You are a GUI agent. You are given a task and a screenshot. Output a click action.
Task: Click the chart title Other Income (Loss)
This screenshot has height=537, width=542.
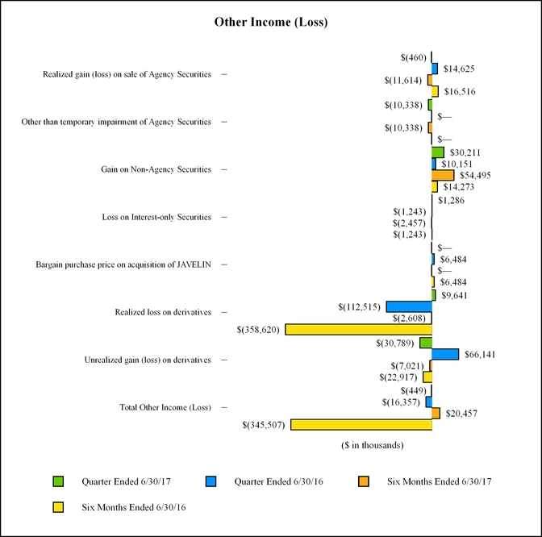(270, 22)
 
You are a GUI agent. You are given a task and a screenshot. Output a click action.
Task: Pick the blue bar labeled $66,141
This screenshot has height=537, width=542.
(445, 354)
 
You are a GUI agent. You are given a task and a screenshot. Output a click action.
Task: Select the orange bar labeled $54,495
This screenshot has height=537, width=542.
(443, 175)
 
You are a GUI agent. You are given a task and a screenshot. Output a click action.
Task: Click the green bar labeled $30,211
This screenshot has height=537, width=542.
(438, 152)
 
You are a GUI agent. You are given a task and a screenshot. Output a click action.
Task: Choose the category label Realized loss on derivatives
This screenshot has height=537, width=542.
(165, 312)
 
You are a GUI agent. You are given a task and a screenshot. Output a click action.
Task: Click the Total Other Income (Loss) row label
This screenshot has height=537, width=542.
(165, 407)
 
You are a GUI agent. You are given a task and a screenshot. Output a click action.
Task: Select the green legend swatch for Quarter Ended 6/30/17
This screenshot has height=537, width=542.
(57, 481)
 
